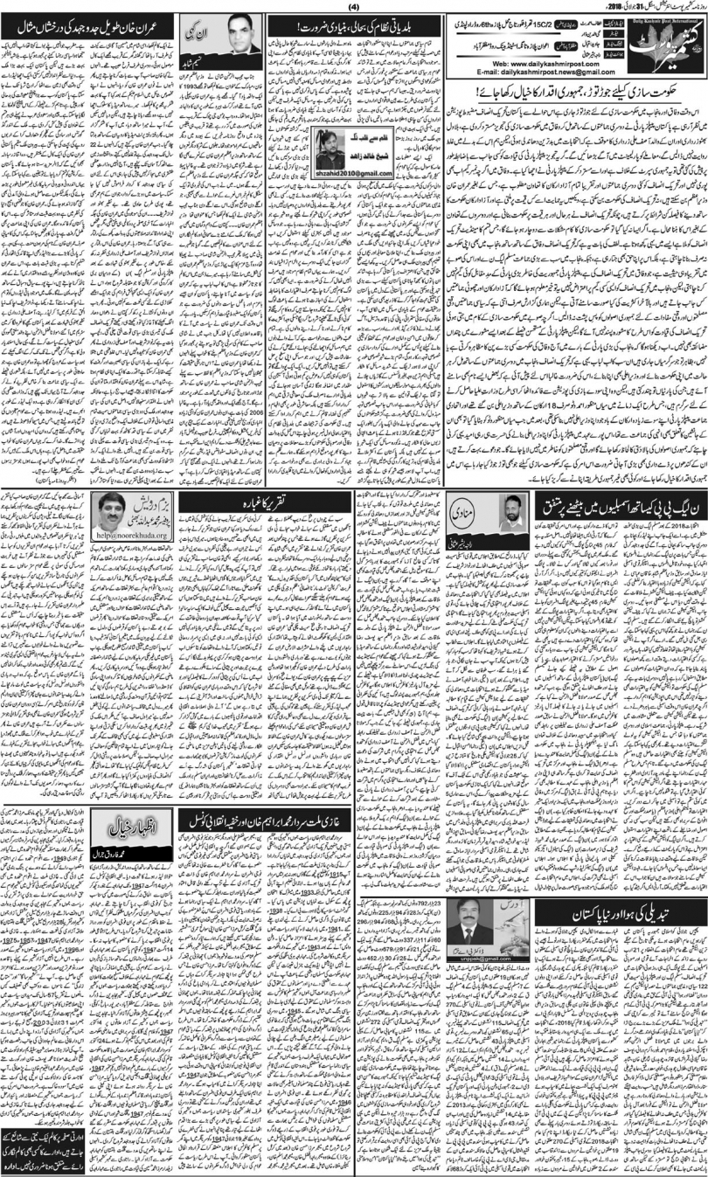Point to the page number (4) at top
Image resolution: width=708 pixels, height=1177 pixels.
point(353,8)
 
